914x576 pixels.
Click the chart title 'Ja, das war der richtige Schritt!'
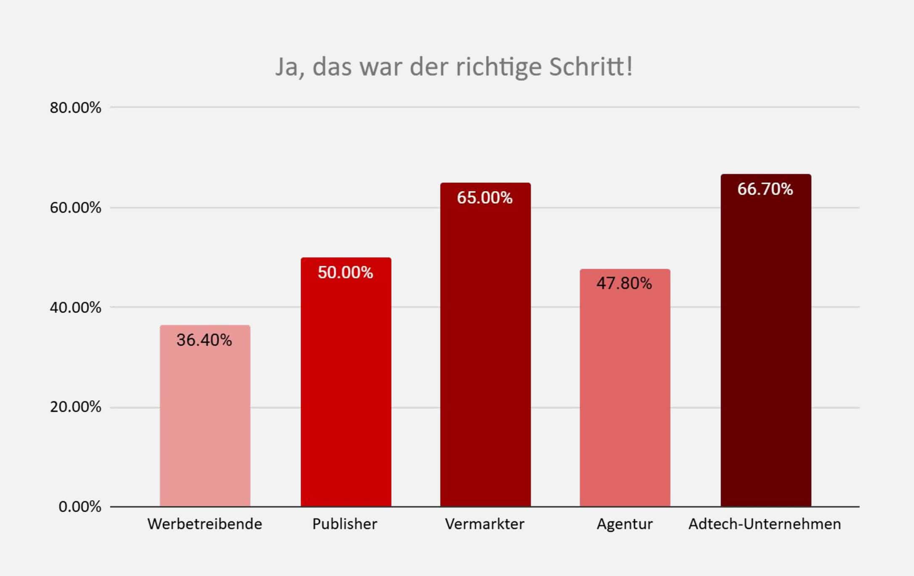click(454, 67)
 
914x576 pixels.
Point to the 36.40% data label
click(204, 340)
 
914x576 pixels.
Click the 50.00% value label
click(345, 272)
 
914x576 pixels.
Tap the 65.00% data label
click(485, 198)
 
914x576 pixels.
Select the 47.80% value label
click(624, 283)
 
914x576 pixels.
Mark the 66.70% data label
click(765, 189)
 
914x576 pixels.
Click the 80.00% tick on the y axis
click(76, 108)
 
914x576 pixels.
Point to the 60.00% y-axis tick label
click(76, 208)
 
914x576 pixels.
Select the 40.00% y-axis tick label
click(76, 307)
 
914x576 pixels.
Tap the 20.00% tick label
click(76, 407)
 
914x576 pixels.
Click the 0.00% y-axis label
click(80, 507)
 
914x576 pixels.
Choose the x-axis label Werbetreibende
click(205, 524)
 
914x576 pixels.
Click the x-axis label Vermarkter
click(485, 524)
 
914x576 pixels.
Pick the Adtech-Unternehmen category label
click(765, 524)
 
